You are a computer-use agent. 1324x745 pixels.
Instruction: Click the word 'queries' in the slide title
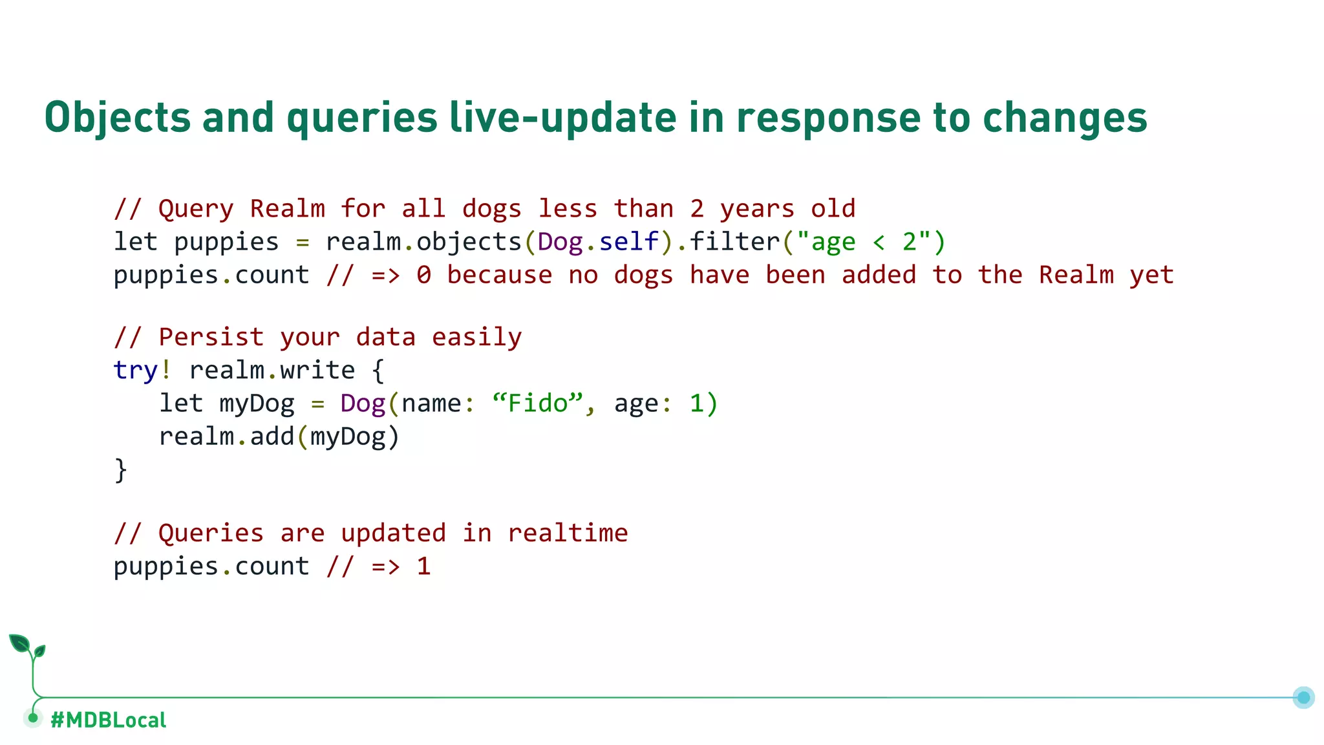click(x=362, y=119)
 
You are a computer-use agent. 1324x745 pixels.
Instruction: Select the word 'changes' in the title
click(x=1065, y=119)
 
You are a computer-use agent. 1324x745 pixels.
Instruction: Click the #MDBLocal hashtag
click(x=108, y=720)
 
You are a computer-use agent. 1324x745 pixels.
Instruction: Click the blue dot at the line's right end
click(x=1303, y=697)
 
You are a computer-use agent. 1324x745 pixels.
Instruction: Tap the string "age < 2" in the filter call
click(x=864, y=242)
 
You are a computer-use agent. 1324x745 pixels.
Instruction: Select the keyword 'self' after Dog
click(x=628, y=242)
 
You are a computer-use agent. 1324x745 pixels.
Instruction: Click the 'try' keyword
click(x=135, y=371)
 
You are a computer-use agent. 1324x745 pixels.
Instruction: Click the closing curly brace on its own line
click(x=121, y=470)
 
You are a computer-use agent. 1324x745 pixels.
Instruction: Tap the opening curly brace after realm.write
click(x=378, y=371)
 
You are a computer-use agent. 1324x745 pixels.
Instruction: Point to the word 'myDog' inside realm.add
click(x=348, y=437)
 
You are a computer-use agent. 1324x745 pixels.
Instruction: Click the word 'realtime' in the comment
click(x=568, y=534)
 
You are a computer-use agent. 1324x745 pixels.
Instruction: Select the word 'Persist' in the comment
click(x=211, y=338)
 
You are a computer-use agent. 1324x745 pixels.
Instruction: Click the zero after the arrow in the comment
click(x=423, y=275)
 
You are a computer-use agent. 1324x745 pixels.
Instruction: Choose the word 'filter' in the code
click(x=735, y=242)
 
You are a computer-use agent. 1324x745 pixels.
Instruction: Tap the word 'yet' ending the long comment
click(x=1151, y=275)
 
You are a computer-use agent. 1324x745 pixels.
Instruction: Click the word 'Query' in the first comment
click(x=196, y=209)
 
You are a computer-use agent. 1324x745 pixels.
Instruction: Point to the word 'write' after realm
click(x=317, y=371)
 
